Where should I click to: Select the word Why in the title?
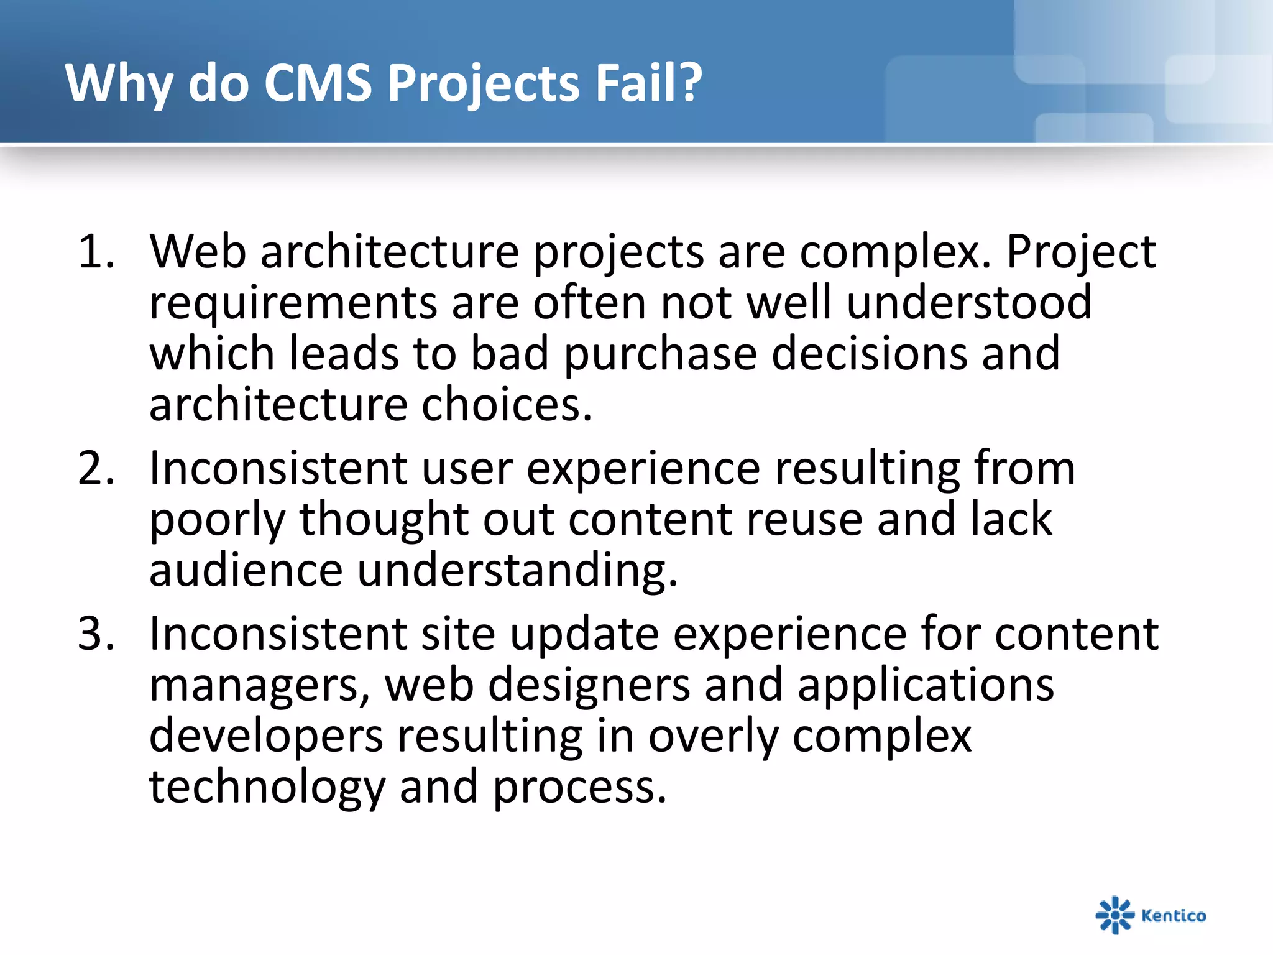point(119,84)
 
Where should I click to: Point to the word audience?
point(246,570)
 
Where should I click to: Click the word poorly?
point(217,520)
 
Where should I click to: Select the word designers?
point(589,685)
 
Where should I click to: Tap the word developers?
point(266,737)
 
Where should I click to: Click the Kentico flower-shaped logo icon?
point(1114,915)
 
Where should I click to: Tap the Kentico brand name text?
point(1174,915)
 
